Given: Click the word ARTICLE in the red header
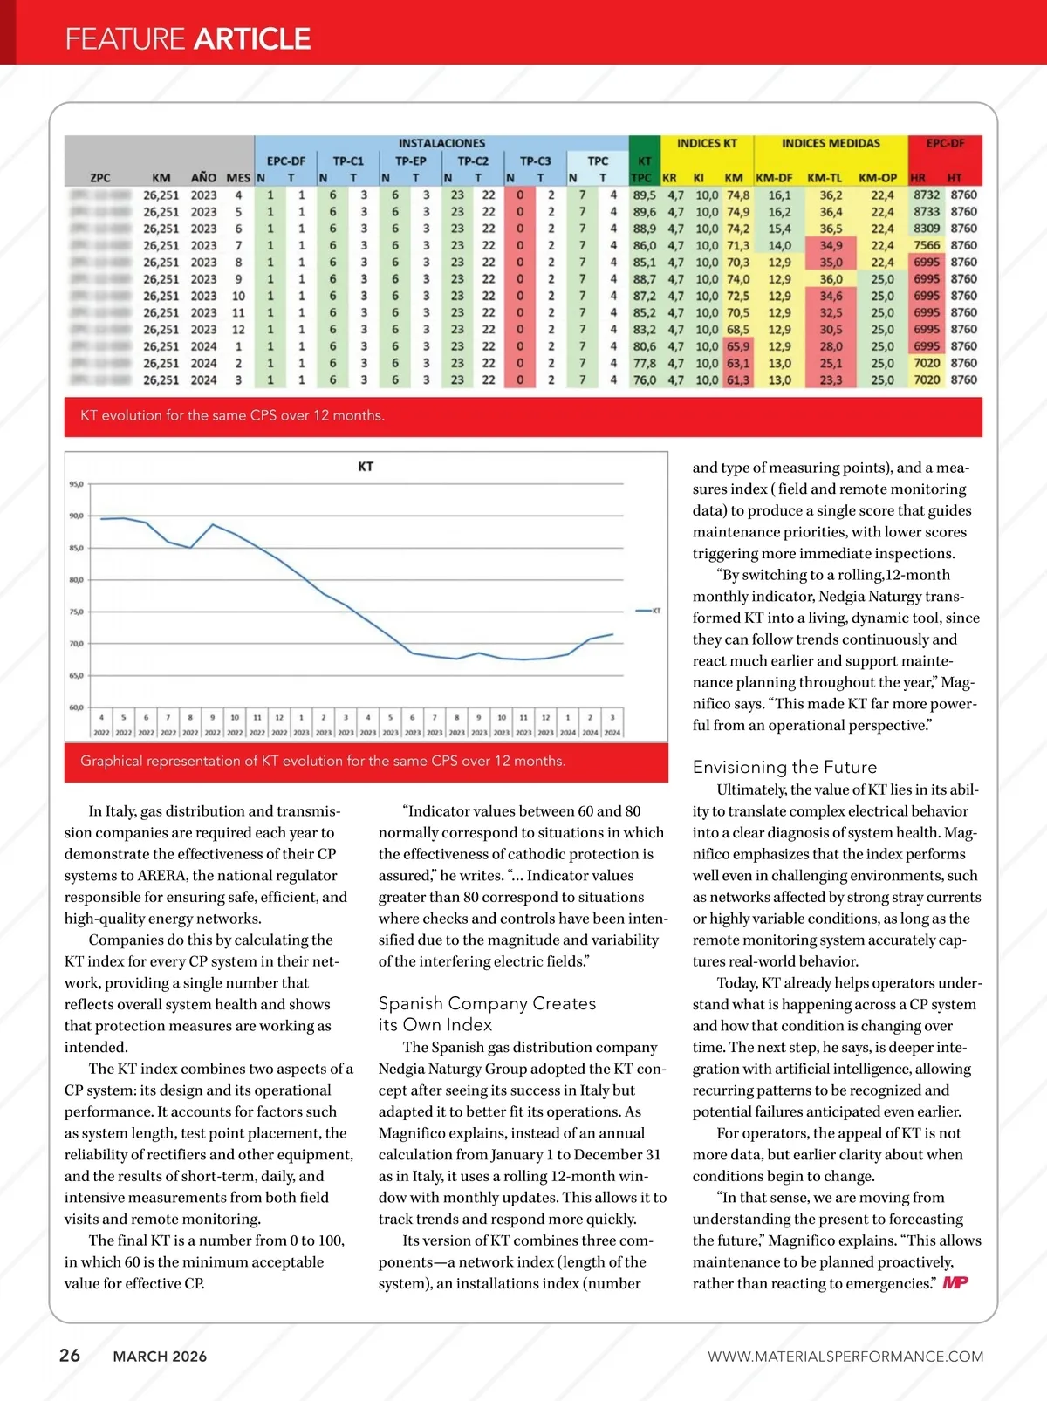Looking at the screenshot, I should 252,39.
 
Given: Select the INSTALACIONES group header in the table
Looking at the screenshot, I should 441,143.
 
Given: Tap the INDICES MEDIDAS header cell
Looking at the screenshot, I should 831,143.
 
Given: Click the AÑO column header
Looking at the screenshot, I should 203,178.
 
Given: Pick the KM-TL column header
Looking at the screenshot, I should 825,178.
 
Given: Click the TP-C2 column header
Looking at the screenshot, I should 473,161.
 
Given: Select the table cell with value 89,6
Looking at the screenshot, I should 645,212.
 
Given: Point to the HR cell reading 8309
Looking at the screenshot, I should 927,229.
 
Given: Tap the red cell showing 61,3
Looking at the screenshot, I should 737,380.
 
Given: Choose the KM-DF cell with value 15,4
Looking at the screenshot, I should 779,229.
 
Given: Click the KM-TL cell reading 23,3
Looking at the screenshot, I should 831,380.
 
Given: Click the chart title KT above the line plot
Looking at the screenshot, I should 366,467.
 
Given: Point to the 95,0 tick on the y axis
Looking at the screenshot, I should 76,484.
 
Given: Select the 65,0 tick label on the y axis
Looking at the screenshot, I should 76,676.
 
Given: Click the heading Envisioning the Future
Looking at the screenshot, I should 784,767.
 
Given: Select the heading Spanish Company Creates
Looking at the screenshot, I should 487,1003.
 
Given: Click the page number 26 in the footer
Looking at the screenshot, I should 70,1355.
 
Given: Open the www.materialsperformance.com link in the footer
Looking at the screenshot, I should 845,1357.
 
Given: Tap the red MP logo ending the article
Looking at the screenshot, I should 955,1282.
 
